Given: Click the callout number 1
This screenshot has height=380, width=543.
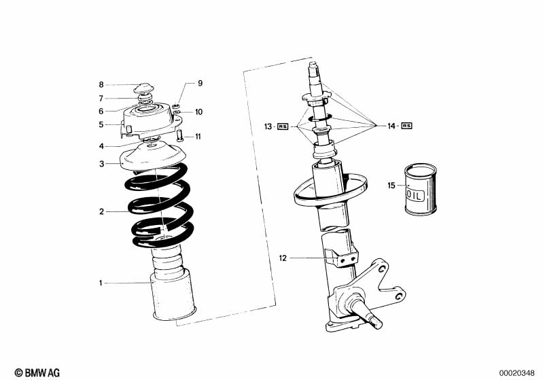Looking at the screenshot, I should click(x=101, y=283).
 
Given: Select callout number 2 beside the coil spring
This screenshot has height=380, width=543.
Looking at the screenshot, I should click(x=101, y=211).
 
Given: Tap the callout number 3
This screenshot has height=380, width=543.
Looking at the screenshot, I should click(x=101, y=164).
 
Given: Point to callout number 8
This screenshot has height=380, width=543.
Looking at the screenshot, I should click(x=101, y=85).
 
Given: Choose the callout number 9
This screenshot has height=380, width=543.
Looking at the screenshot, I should click(x=200, y=84).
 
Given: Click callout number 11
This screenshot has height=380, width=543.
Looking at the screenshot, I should click(x=198, y=137).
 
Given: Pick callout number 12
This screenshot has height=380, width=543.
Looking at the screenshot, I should click(x=283, y=258).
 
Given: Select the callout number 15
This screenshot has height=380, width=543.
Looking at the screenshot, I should click(x=391, y=185).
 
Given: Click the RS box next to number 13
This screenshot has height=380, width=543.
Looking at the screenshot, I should click(x=283, y=126).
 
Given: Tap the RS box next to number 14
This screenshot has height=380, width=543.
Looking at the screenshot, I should click(x=406, y=126).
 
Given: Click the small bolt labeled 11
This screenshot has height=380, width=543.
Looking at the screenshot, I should click(x=179, y=135).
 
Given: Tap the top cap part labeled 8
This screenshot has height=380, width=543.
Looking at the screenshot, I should click(x=144, y=88).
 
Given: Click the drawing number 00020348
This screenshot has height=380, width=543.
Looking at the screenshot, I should click(x=518, y=372).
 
